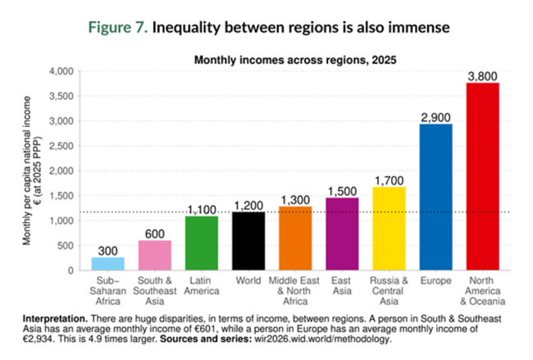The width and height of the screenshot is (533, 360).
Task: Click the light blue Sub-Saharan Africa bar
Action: (108, 263)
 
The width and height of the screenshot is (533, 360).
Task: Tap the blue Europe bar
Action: (435, 197)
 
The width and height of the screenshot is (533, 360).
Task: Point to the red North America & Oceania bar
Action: (482, 176)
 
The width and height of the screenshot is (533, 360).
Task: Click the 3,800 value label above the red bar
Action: (482, 76)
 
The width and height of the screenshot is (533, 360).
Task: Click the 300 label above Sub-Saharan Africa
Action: (108, 249)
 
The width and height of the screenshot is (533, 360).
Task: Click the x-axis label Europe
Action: (435, 281)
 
